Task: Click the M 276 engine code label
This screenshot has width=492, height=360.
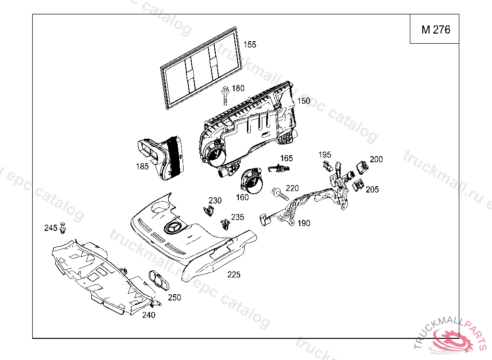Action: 436,30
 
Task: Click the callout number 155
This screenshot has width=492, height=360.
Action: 249,45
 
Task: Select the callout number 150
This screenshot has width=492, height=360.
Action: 303,101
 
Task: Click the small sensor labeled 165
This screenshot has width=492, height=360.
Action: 278,168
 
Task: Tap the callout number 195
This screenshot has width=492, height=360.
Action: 325,155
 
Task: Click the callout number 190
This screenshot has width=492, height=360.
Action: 304,223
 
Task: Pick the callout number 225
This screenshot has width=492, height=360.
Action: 234,275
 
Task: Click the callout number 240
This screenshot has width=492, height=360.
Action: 148,315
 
